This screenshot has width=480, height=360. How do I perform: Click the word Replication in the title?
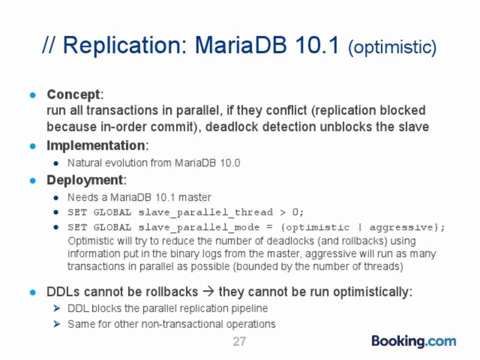pos(124,46)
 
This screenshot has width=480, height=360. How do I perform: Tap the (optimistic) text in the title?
pos(392,47)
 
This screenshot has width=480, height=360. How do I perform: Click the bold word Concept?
pos(73,94)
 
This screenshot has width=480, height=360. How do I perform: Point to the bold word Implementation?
pos(96,145)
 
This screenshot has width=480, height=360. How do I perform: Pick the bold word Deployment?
pos(85,180)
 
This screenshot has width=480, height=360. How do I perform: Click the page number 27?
pos(239,341)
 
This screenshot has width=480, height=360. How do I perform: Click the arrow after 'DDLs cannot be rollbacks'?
pos(208,291)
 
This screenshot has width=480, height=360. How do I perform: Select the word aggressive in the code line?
pos(401,227)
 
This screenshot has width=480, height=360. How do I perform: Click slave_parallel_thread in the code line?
pos(205,212)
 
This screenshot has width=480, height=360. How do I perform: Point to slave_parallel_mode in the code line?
pos(198,227)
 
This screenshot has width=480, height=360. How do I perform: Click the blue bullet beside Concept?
pos(33,95)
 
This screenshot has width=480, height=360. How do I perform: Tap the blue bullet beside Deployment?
pos(33,180)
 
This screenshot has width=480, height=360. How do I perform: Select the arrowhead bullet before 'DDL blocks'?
pos(56,308)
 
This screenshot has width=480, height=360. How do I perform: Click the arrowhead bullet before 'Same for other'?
pos(56,324)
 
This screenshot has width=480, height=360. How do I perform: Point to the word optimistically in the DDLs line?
pos(371,292)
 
